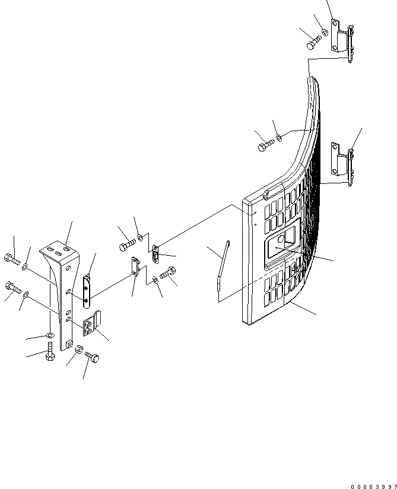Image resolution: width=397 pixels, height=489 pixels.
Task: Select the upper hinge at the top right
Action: coord(344,39)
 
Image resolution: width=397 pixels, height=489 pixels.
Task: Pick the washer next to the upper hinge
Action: coord(325,31)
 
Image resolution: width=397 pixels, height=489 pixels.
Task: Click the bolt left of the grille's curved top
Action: coord(265,145)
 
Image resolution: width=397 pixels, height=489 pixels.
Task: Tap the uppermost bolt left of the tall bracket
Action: coord(14,259)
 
